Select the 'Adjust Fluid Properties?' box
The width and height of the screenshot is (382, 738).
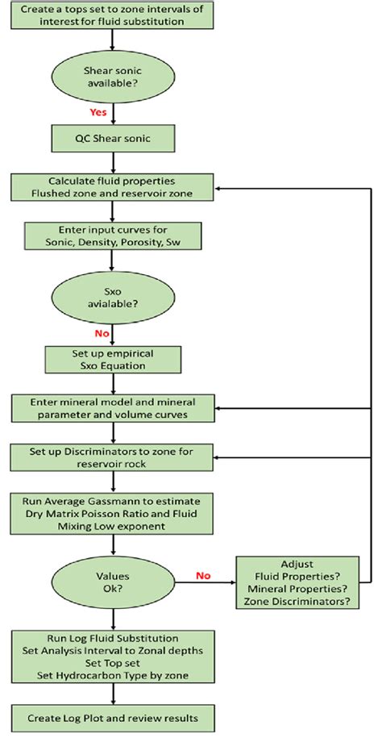(x=296, y=582)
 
